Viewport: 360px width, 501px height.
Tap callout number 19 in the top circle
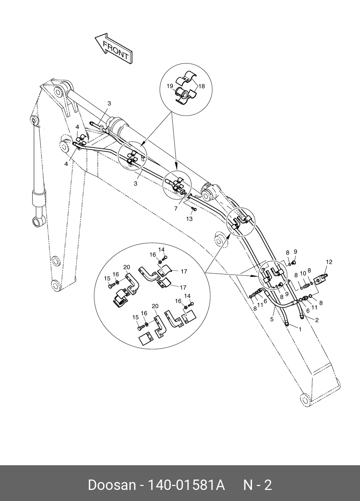pos(170,86)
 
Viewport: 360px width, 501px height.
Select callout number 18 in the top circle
pos(202,86)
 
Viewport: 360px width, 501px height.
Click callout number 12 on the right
pos(329,262)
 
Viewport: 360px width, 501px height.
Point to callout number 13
pos(189,219)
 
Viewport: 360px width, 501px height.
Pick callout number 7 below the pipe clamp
pos(176,209)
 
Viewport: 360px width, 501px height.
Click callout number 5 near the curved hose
pos(272,319)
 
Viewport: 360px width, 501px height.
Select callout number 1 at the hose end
pos(300,329)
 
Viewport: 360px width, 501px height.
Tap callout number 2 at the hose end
pos(317,320)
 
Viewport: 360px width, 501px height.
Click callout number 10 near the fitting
pos(303,273)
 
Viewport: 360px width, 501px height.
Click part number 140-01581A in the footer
pos(186,485)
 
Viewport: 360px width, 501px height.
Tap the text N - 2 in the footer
pos(258,485)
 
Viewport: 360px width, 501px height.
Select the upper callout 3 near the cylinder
pos(109,103)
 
